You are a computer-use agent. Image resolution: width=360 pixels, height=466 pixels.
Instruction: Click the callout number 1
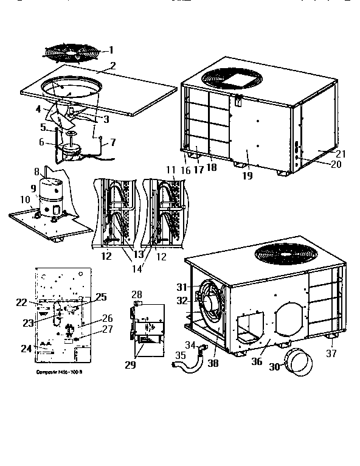click(x=111, y=50)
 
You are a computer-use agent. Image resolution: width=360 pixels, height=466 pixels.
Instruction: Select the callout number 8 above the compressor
click(x=37, y=172)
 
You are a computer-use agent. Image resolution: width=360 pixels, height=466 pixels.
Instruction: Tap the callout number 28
click(x=137, y=294)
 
